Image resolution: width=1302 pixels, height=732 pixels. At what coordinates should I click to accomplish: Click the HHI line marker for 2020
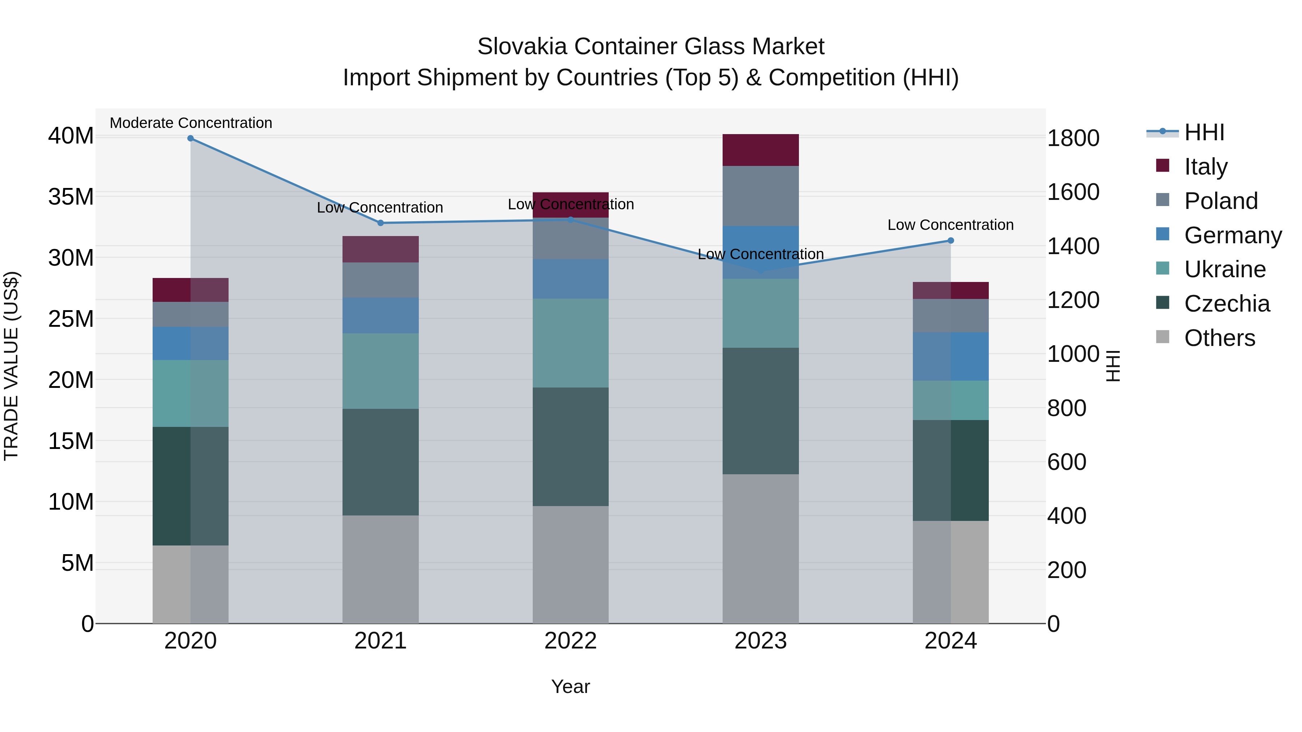[x=191, y=138]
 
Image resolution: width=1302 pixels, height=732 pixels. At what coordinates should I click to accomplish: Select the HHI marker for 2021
[x=380, y=223]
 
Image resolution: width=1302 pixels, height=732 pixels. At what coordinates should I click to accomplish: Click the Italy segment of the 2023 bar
[x=760, y=150]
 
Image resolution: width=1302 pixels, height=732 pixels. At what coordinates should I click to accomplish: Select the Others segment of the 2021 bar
[x=380, y=569]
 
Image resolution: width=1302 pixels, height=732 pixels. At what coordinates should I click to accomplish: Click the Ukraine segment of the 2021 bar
[x=380, y=371]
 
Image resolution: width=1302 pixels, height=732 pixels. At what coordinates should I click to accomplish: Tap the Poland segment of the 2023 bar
[x=760, y=196]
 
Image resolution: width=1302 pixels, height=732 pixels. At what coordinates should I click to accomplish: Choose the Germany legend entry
[x=1232, y=235]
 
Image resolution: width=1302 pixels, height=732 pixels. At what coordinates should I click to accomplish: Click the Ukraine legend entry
[x=1225, y=269]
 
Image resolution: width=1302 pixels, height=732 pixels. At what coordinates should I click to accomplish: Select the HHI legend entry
[x=1204, y=132]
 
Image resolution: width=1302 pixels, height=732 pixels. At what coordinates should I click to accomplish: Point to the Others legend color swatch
[x=1162, y=337]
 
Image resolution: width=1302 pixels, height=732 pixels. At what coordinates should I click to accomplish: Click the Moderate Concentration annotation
[x=191, y=123]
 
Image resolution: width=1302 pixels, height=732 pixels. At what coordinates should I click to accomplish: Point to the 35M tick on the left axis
[x=71, y=197]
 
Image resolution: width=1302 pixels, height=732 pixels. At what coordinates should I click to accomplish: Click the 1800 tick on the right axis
[x=1073, y=138]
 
